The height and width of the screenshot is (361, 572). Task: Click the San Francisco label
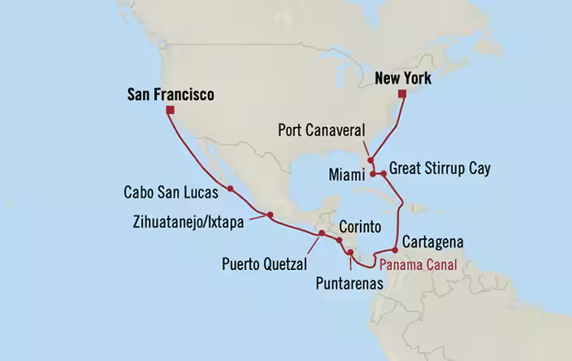pyautogui.click(x=171, y=95)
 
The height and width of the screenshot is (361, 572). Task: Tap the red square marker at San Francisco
pyautogui.click(x=170, y=110)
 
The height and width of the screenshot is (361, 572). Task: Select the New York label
pyautogui.click(x=403, y=79)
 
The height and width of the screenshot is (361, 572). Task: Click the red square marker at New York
pyautogui.click(x=401, y=94)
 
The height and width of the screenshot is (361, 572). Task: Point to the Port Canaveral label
pyautogui.click(x=323, y=130)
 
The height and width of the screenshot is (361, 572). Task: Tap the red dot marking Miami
pyautogui.click(x=374, y=174)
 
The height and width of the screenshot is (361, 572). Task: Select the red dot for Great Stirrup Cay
pyautogui.click(x=383, y=174)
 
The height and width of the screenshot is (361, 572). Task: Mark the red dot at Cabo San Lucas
pyautogui.click(x=231, y=189)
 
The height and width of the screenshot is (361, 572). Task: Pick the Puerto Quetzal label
pyautogui.click(x=265, y=263)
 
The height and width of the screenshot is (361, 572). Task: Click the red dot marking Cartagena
pyautogui.click(x=395, y=250)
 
